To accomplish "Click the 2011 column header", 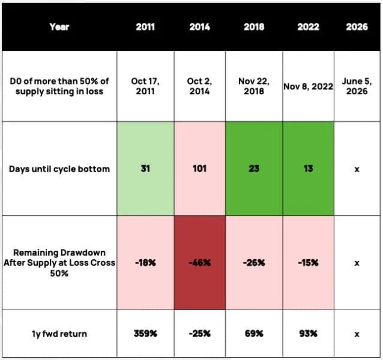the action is point(145,26).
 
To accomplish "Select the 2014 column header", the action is point(199,26).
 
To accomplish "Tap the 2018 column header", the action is point(254,26).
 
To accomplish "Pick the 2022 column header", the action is point(308,26).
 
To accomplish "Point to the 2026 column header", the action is point(357,26).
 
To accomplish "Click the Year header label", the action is point(59,26).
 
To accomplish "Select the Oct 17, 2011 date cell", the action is point(145,86).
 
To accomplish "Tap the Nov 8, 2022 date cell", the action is point(308,86).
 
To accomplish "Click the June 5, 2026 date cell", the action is point(357,86).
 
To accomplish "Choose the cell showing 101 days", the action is point(199,169).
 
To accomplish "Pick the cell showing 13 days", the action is point(308,169).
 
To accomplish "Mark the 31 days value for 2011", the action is point(145,169).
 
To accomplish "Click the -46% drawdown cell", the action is point(199,263).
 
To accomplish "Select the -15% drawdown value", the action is point(308,263).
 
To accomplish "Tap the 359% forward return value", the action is point(145,334).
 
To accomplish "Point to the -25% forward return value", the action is point(199,334).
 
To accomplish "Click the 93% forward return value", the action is point(308,334).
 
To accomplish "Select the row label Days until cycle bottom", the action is point(59,169).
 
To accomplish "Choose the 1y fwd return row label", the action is point(59,334).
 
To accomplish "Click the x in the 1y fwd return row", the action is point(357,334).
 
